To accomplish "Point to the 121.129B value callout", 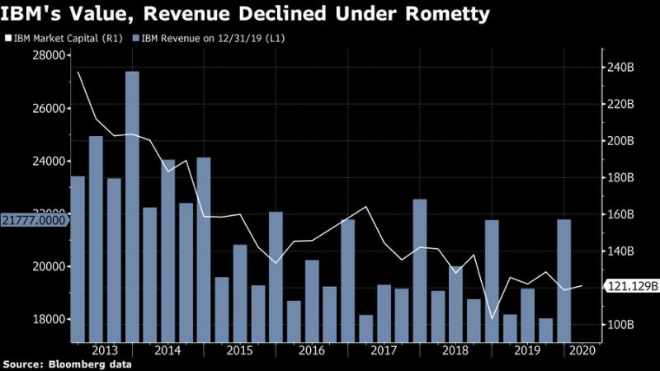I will [x=632, y=287].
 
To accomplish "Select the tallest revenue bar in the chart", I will [x=132, y=206].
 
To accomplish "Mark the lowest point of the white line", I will [x=492, y=318].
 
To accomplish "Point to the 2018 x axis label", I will [x=455, y=350].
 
